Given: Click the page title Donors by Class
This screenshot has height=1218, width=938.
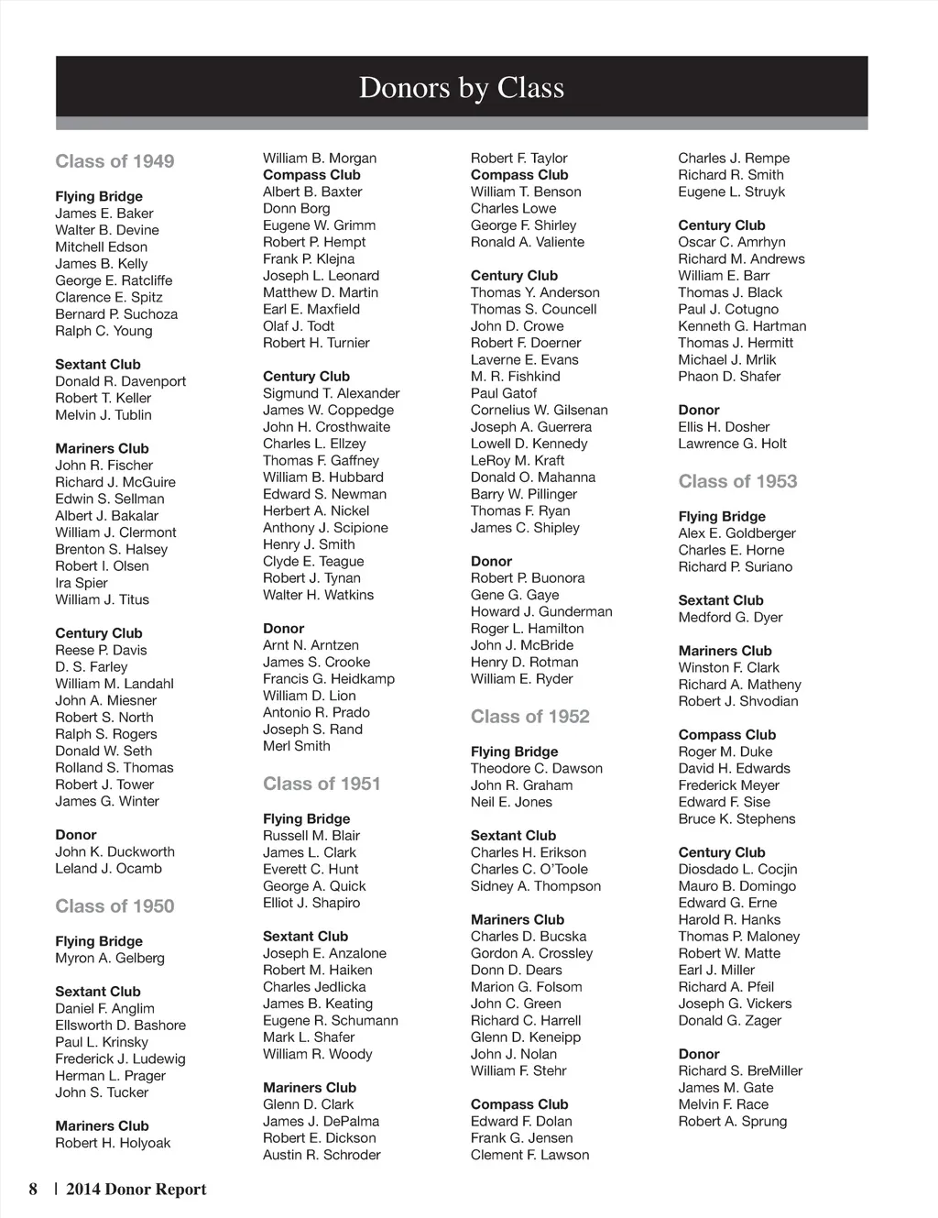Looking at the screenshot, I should [462, 87].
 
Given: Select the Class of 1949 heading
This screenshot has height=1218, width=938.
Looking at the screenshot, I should [115, 161].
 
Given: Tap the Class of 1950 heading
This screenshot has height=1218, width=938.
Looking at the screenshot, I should [115, 906].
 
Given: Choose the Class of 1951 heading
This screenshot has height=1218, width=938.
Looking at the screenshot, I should [322, 784].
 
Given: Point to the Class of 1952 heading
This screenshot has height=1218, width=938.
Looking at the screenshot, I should [530, 717].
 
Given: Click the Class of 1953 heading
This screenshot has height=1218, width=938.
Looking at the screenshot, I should [737, 481].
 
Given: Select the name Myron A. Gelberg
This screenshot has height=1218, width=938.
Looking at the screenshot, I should [110, 958].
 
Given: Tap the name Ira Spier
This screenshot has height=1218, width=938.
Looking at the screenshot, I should [82, 583].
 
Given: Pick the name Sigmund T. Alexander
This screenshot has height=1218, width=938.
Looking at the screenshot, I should [332, 393].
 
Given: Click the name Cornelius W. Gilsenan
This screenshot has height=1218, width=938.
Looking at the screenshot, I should [540, 410].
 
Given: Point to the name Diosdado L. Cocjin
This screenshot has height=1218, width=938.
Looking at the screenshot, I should [737, 869].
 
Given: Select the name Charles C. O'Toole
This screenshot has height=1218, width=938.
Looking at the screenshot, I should [529, 869].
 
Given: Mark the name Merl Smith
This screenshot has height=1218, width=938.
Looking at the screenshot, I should [297, 746].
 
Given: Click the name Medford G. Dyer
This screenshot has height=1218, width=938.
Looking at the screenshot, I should [730, 617].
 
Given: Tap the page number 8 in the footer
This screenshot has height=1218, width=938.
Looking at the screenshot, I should [34, 1190].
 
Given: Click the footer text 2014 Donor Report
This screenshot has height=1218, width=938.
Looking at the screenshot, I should [136, 1190].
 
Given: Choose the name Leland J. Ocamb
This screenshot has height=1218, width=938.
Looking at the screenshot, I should [108, 868].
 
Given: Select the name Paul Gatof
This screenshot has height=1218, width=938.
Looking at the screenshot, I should [504, 393].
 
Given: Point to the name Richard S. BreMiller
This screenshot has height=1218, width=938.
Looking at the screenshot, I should [740, 1070].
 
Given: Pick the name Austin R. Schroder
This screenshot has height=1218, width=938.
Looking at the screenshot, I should [322, 1155].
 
